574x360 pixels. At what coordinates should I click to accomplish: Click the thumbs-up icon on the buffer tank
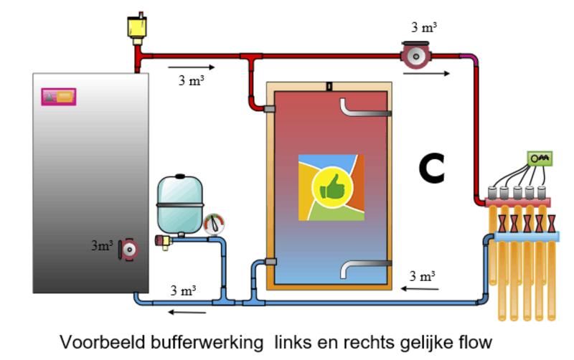click(x=330, y=188)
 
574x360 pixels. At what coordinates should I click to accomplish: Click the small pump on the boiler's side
click(x=128, y=249)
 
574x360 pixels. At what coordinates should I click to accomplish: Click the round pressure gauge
click(x=214, y=224)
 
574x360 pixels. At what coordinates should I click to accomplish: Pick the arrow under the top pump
click(x=436, y=74)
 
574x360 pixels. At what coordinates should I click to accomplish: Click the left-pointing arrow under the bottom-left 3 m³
click(x=186, y=312)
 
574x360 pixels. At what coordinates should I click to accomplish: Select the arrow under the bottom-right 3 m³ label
click(x=420, y=289)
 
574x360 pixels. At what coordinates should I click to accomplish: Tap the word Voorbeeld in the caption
click(x=97, y=340)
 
